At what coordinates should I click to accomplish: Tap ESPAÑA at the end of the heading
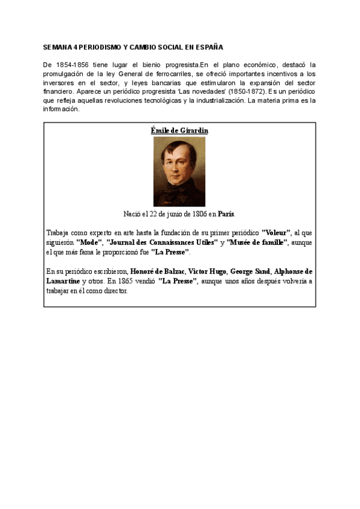209,47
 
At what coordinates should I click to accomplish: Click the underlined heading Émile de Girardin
179,130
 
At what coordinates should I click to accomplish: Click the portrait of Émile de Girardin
179,172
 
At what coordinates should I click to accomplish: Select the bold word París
226,214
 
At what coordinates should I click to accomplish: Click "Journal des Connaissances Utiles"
161,242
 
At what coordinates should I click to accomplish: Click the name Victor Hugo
207,271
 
